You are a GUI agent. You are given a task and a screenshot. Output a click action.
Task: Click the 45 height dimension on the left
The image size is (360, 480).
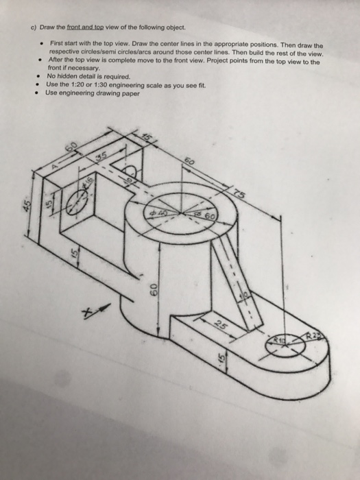[x=27, y=206]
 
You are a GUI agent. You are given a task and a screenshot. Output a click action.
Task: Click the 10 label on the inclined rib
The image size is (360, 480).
[x=241, y=296]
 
